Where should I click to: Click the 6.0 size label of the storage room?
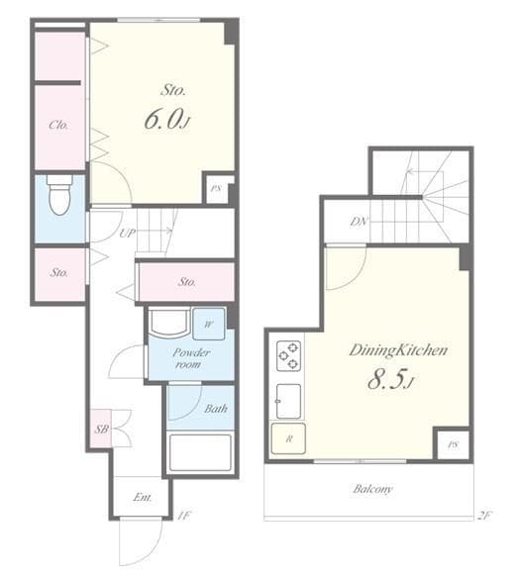165,120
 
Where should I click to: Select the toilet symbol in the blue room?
58,196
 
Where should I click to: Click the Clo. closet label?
58,126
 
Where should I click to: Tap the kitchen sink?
288,398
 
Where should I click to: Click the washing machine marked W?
209,323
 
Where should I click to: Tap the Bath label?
216,408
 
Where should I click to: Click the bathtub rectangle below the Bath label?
200,451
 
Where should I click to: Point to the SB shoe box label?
101,429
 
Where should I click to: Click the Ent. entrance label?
143,497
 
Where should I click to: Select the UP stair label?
127,234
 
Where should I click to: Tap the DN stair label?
359,223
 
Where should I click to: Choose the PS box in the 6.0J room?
218,188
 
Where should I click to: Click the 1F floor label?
185,515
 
